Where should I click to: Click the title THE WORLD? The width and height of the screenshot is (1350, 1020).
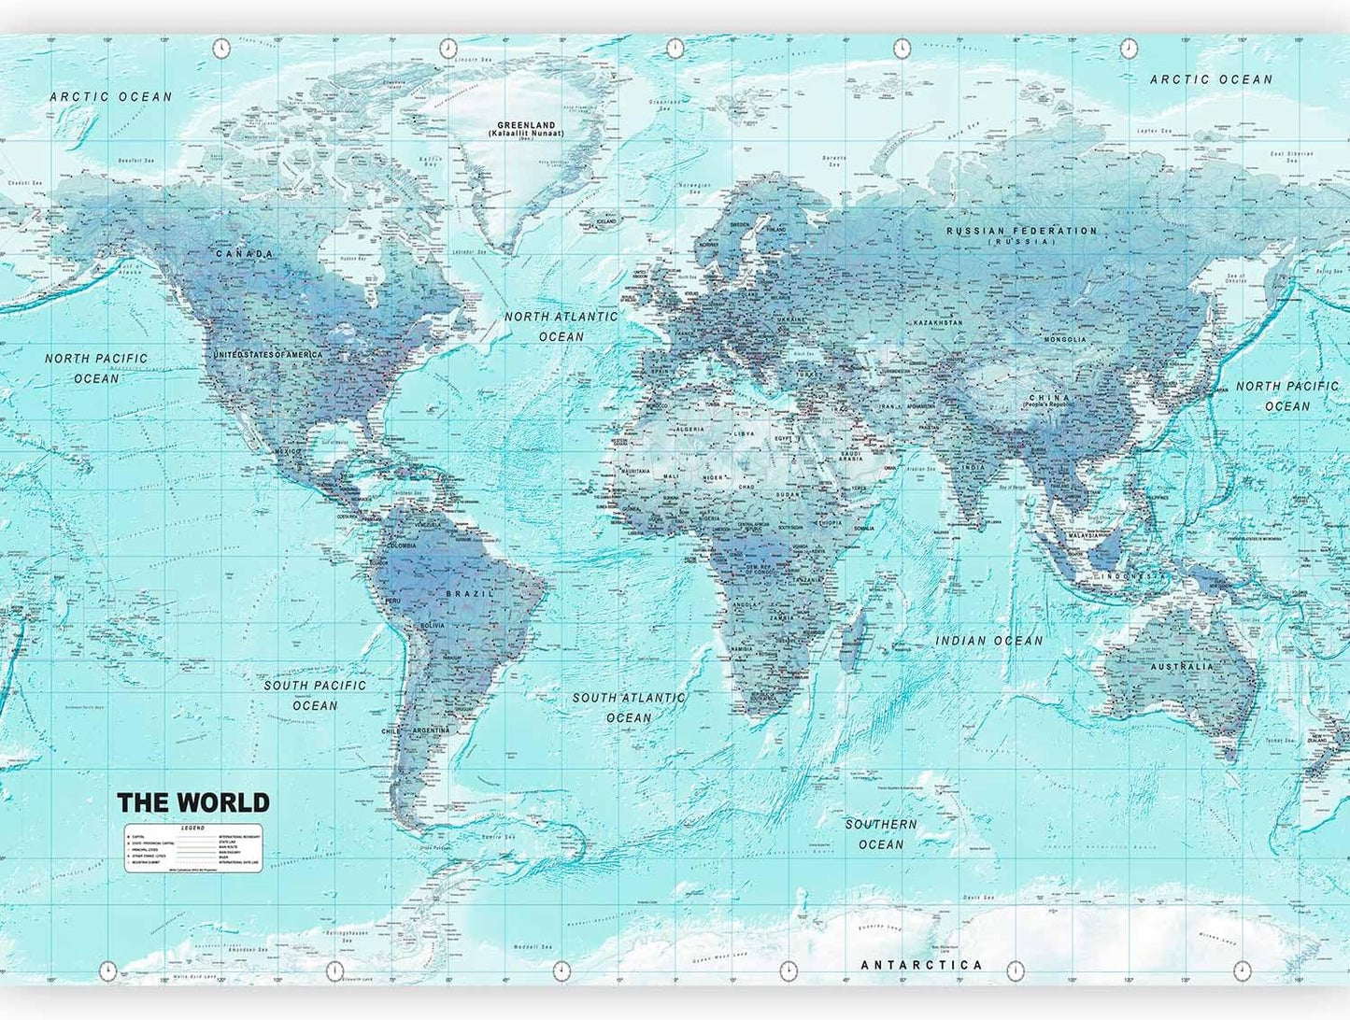(x=193, y=802)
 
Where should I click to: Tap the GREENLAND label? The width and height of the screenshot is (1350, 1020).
(x=526, y=125)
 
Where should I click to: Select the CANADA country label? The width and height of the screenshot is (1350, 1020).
(x=245, y=254)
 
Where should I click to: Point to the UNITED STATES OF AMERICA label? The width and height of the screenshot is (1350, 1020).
(x=268, y=355)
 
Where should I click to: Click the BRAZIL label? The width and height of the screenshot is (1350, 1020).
(x=470, y=594)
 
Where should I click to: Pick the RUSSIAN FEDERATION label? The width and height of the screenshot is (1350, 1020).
(x=1021, y=231)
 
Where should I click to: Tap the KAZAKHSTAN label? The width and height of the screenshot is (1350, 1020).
(x=938, y=323)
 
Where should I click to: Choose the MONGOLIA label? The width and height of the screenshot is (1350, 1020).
(x=1065, y=340)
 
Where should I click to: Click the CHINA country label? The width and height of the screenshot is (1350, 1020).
(x=1048, y=398)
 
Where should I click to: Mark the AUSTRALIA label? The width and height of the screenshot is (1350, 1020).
(x=1182, y=667)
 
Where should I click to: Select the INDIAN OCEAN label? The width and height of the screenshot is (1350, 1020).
(x=989, y=641)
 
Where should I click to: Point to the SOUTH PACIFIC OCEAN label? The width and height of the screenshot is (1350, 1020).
(x=315, y=695)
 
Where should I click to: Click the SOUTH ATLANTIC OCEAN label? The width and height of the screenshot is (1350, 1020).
(x=629, y=707)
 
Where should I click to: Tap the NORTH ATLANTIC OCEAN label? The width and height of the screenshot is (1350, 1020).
(x=561, y=326)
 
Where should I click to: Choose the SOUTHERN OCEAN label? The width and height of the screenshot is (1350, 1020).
(x=881, y=834)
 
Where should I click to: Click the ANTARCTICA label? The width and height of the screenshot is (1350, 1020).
(x=921, y=965)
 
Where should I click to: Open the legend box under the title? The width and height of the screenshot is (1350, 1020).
(x=193, y=848)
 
